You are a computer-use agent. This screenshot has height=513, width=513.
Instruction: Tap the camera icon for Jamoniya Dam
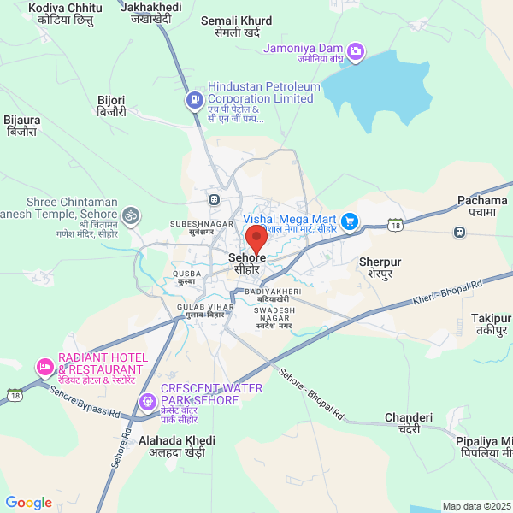click(x=357, y=51)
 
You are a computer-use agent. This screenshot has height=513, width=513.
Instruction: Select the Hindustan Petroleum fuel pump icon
click(x=195, y=100)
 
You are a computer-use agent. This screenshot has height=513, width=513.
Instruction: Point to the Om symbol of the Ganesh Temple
click(x=130, y=214)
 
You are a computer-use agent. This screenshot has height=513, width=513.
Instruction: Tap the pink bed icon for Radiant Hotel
click(x=44, y=367)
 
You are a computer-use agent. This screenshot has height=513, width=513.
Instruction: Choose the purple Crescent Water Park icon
click(x=148, y=400)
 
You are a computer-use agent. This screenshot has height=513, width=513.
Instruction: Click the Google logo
click(x=28, y=503)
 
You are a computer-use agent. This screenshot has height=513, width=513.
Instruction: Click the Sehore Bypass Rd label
click(x=84, y=401)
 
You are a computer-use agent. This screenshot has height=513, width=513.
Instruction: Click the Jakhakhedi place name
click(x=152, y=7)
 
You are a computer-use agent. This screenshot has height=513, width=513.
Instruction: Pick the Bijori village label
click(x=111, y=100)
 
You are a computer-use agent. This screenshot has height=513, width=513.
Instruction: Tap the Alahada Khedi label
click(x=177, y=440)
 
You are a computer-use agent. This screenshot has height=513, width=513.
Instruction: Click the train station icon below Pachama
click(x=460, y=231)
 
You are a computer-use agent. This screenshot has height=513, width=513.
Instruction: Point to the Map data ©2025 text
click(x=475, y=506)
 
